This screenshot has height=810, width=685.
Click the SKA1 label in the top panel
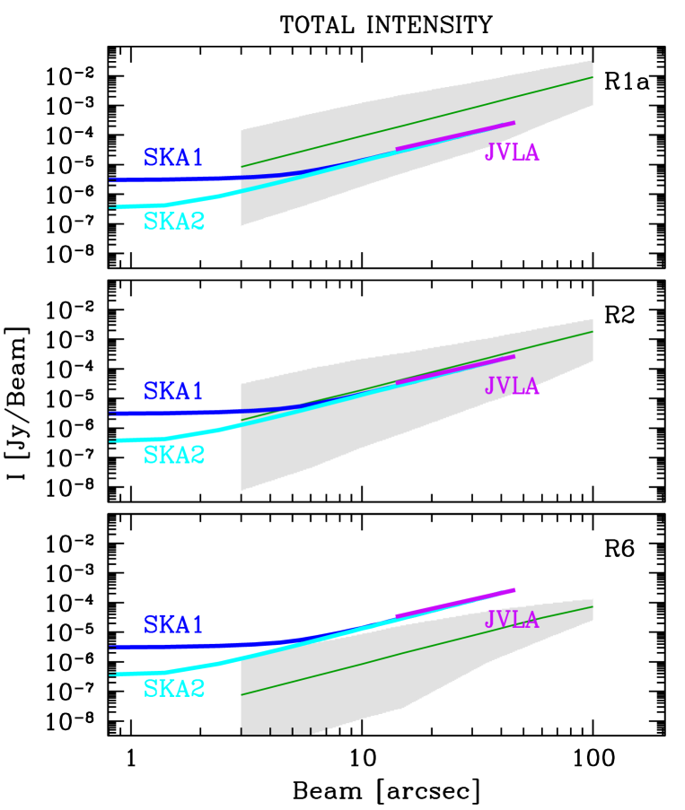point(173,158)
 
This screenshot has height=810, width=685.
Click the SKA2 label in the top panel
point(174,222)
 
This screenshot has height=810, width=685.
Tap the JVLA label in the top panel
point(512,153)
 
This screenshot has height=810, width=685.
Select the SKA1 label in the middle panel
point(173,392)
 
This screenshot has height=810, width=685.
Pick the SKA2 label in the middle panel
point(174,456)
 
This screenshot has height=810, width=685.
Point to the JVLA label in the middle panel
point(512,387)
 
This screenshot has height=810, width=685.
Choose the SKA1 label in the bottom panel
point(173,625)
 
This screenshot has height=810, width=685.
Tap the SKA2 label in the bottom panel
point(174,689)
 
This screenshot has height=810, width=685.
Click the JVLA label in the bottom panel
point(512,620)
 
